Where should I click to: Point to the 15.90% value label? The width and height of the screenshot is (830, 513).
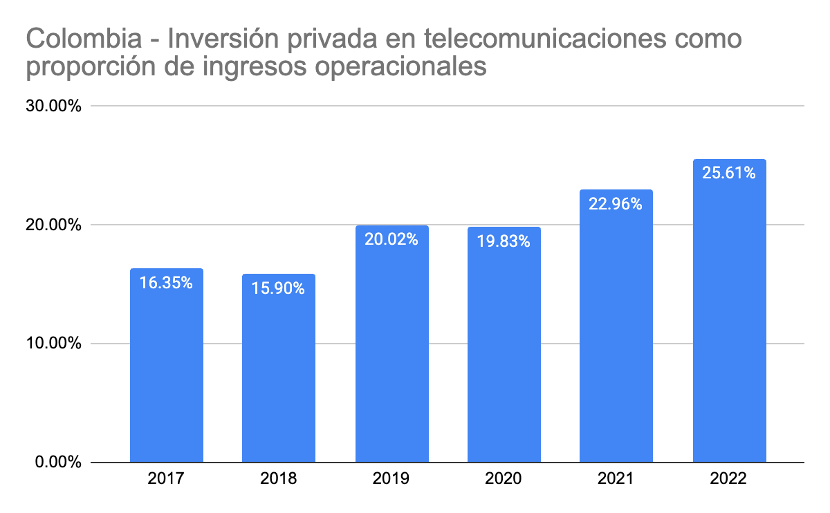[279, 288]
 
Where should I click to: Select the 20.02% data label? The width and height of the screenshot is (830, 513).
[391, 239]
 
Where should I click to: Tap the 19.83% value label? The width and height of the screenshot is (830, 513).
[504, 241]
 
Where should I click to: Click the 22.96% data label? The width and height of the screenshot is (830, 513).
[616, 204]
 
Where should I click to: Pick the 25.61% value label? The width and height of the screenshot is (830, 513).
[729, 173]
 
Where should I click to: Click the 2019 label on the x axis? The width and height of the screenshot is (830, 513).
[391, 478]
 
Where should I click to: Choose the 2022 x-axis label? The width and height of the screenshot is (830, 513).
[729, 478]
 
